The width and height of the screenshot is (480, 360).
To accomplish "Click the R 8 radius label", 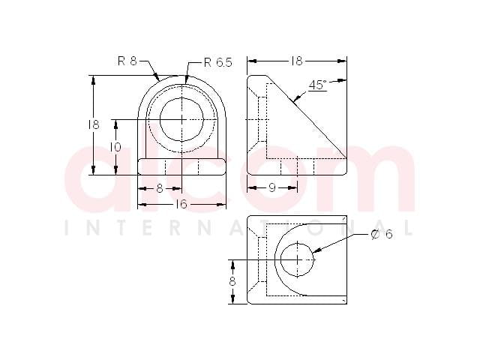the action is (x=127, y=61).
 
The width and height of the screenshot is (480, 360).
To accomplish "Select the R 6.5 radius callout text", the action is (x=218, y=62).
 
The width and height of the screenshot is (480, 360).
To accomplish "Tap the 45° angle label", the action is (x=318, y=85).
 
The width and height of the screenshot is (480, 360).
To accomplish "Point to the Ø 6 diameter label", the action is (x=382, y=234).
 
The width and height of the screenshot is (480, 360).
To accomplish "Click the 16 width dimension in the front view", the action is (x=181, y=204).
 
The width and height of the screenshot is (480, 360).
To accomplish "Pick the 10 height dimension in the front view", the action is (x=115, y=147).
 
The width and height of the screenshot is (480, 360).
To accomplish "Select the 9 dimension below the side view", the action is (x=272, y=187).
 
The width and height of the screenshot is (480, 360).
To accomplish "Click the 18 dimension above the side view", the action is (x=297, y=61).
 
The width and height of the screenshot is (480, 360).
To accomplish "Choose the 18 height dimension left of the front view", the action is (x=94, y=124).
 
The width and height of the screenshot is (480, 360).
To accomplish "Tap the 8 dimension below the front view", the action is (x=160, y=188).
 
